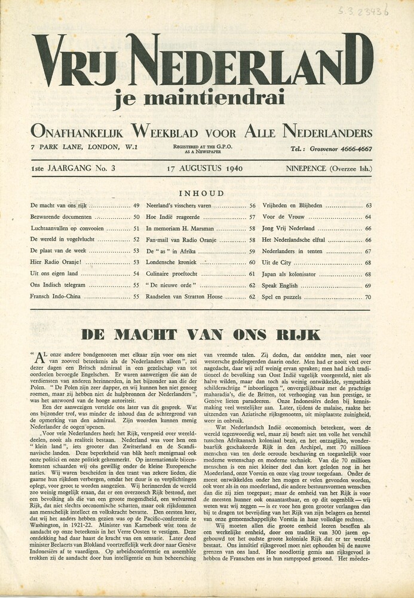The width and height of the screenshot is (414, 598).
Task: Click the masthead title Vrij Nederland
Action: [x=203, y=60]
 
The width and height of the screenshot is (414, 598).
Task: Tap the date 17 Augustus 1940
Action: [x=205, y=168]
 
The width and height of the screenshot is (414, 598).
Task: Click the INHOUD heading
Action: [x=201, y=193]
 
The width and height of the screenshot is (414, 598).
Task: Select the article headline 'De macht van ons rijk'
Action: [x=201, y=334]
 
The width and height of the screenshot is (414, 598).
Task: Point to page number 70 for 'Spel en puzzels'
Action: [x=368, y=297]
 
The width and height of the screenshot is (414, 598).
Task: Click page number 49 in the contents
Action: [x=136, y=206]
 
